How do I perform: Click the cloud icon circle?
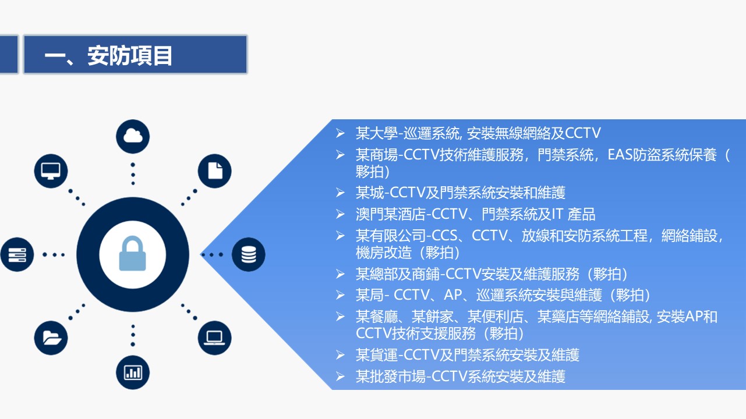pyautogui.click(x=133, y=136)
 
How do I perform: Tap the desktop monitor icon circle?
pyautogui.click(x=51, y=171)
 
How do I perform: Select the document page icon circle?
pyautogui.click(x=215, y=171)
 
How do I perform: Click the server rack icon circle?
pyautogui.click(x=17, y=254)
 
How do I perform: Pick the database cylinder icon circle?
pyautogui.click(x=249, y=254)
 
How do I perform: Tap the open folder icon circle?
pyautogui.click(x=51, y=338)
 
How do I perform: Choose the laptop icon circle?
pyautogui.click(x=215, y=338)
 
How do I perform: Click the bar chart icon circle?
pyautogui.click(x=133, y=372)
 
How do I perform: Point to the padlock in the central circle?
pyautogui.click(x=133, y=254)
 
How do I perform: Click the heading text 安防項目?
pyautogui.click(x=130, y=56)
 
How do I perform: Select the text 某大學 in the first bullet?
pyautogui.click(x=377, y=133)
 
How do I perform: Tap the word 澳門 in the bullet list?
pyautogui.click(x=370, y=214)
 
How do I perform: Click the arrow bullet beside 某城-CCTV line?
pyautogui.click(x=340, y=193)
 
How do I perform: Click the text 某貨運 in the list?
pyautogui.click(x=377, y=355)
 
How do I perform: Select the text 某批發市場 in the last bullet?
pyautogui.click(x=391, y=377)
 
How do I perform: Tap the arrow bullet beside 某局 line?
pyautogui.click(x=340, y=295)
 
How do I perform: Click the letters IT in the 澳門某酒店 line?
pyautogui.click(x=557, y=214)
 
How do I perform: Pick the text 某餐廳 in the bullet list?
pyautogui.click(x=377, y=317)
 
